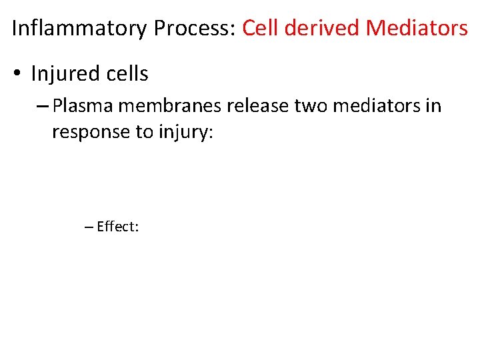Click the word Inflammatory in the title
79,28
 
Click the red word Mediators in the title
417,28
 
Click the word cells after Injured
126,74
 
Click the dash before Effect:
89,227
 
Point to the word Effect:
117,227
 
